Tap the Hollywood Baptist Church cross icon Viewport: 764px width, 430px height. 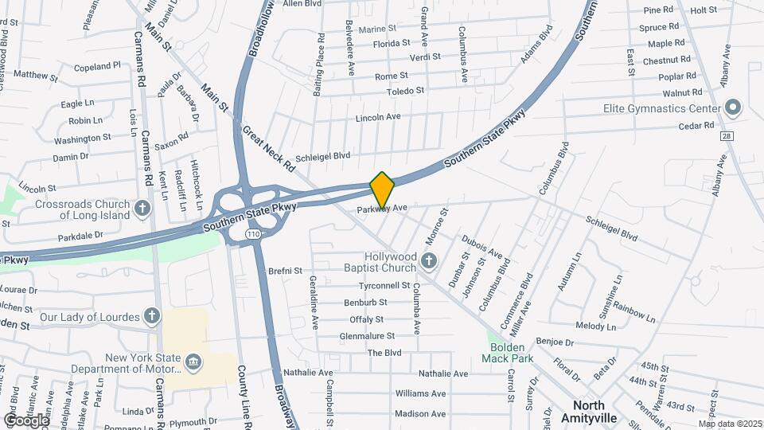(429, 260)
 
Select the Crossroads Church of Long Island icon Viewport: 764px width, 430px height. (142, 209)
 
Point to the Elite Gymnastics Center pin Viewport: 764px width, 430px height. (733, 107)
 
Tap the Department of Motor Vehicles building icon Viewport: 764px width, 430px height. (193, 363)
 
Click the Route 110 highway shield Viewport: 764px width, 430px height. (253, 234)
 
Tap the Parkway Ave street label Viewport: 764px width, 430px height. (382, 208)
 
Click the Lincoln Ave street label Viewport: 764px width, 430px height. (378, 117)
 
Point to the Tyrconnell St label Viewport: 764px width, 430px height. (384, 285)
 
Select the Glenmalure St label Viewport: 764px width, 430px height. (367, 336)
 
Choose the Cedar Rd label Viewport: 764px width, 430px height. (696, 126)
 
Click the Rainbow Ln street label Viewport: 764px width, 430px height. (634, 314)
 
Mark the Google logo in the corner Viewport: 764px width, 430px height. (27, 420)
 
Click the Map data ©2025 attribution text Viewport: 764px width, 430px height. (729, 424)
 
